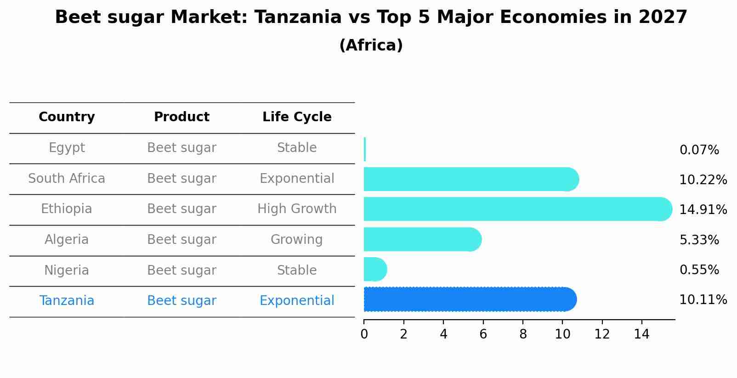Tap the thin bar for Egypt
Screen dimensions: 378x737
click(365, 149)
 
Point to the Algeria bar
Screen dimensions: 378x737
click(422, 239)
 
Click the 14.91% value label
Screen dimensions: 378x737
click(703, 210)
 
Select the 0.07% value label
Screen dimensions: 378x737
click(699, 150)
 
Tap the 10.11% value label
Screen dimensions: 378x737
click(703, 300)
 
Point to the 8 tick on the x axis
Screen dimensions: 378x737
click(523, 334)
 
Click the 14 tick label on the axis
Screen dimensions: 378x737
click(641, 334)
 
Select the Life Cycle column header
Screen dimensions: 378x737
click(297, 117)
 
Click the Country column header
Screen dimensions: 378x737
click(67, 117)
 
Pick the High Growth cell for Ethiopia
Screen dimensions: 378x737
click(297, 209)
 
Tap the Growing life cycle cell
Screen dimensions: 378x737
click(296, 240)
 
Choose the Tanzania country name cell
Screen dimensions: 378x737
click(67, 301)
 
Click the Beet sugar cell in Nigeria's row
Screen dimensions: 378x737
click(181, 271)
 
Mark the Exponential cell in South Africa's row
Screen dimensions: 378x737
click(297, 179)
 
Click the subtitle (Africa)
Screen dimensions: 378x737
click(371, 45)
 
